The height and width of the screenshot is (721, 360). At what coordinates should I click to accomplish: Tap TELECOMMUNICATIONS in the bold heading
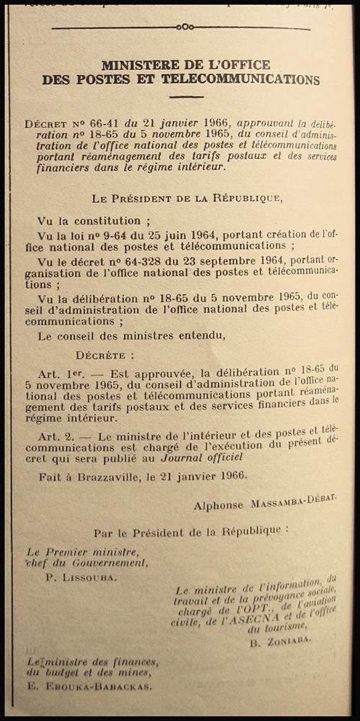(x=239, y=80)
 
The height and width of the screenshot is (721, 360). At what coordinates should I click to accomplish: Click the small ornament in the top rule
(x=186, y=27)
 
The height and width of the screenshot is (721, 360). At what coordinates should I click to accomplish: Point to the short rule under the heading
(x=186, y=96)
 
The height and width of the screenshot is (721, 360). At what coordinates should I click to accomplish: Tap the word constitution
(x=98, y=220)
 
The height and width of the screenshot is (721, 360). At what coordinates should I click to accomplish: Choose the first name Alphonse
(x=218, y=505)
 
